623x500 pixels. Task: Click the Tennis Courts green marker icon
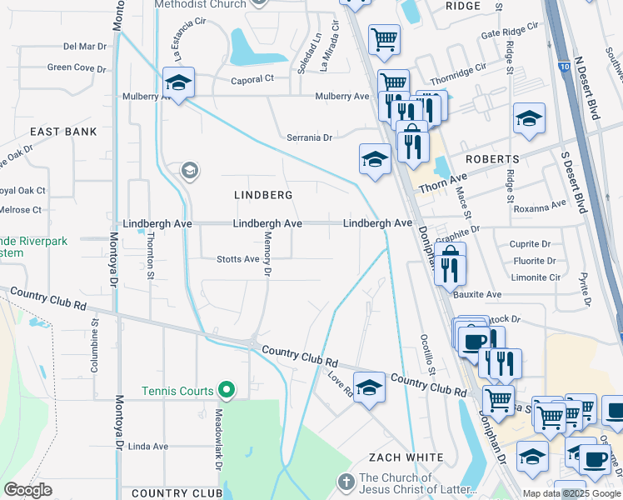(226, 390)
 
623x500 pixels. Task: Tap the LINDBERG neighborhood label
(263, 195)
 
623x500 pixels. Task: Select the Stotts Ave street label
(238, 259)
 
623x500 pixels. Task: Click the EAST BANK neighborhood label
(63, 132)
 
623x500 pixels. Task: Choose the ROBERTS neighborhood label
(492, 158)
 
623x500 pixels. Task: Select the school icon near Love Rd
(369, 387)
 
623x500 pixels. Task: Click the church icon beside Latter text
(347, 482)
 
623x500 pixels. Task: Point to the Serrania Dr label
(310, 137)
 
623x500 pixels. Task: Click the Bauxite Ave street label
(477, 294)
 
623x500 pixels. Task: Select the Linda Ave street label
(148, 447)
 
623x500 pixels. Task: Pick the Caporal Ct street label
(252, 79)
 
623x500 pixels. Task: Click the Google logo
(28, 490)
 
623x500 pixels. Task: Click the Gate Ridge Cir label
(510, 36)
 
